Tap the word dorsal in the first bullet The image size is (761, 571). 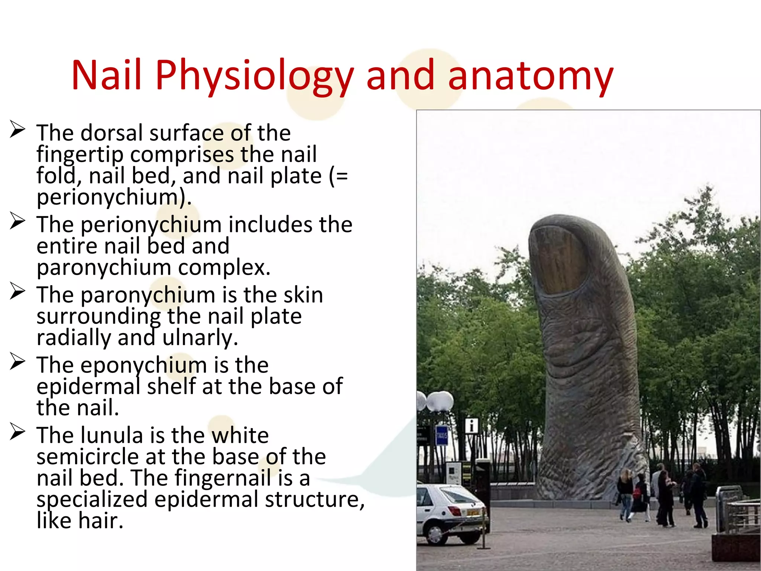click(111, 133)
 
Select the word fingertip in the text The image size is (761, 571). click(80, 155)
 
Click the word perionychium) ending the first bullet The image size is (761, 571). click(114, 197)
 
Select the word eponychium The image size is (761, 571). click(143, 365)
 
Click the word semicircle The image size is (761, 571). click(88, 457)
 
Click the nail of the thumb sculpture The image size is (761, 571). click(557, 260)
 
